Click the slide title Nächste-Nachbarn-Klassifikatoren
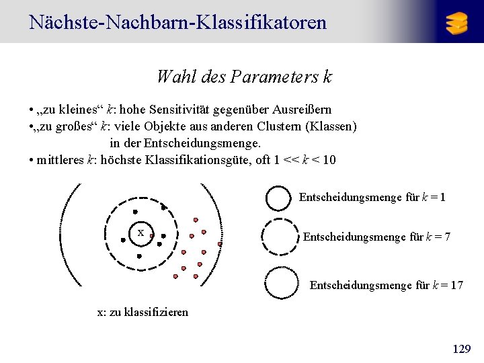(178, 22)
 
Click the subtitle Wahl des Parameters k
(243, 77)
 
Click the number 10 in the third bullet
(329, 160)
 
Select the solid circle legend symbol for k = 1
(278, 198)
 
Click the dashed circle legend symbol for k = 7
(278, 237)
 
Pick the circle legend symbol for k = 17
(282, 283)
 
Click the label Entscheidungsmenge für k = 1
(372, 198)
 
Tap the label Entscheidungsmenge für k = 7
(376, 237)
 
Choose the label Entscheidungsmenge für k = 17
(386, 285)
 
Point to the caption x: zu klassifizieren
(143, 312)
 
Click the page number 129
(462, 349)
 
